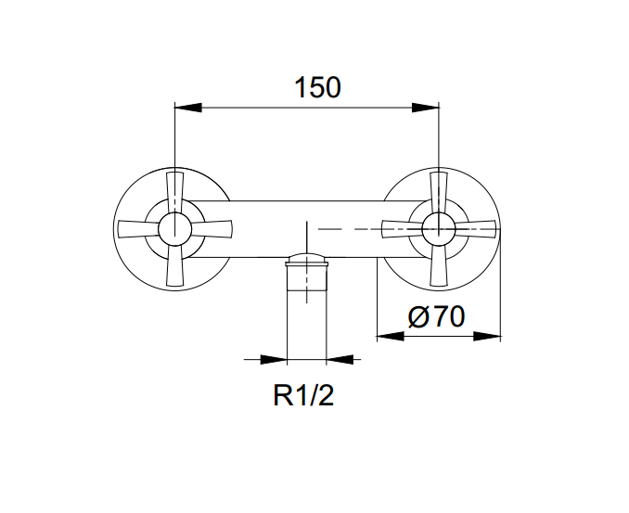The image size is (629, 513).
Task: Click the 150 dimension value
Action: click(317, 87)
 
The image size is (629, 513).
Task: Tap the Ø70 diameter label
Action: click(436, 316)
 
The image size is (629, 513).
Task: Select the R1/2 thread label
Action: click(303, 395)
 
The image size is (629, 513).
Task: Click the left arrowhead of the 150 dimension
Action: click(188, 108)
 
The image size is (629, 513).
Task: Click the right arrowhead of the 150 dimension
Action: click(426, 108)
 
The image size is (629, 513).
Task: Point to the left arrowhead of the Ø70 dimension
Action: click(391, 336)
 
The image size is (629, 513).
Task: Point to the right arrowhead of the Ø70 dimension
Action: click(487, 336)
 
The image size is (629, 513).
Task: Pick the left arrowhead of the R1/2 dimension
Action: click(274, 359)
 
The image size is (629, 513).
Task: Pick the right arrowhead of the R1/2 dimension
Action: click(340, 359)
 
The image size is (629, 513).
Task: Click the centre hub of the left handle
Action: click(175, 228)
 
